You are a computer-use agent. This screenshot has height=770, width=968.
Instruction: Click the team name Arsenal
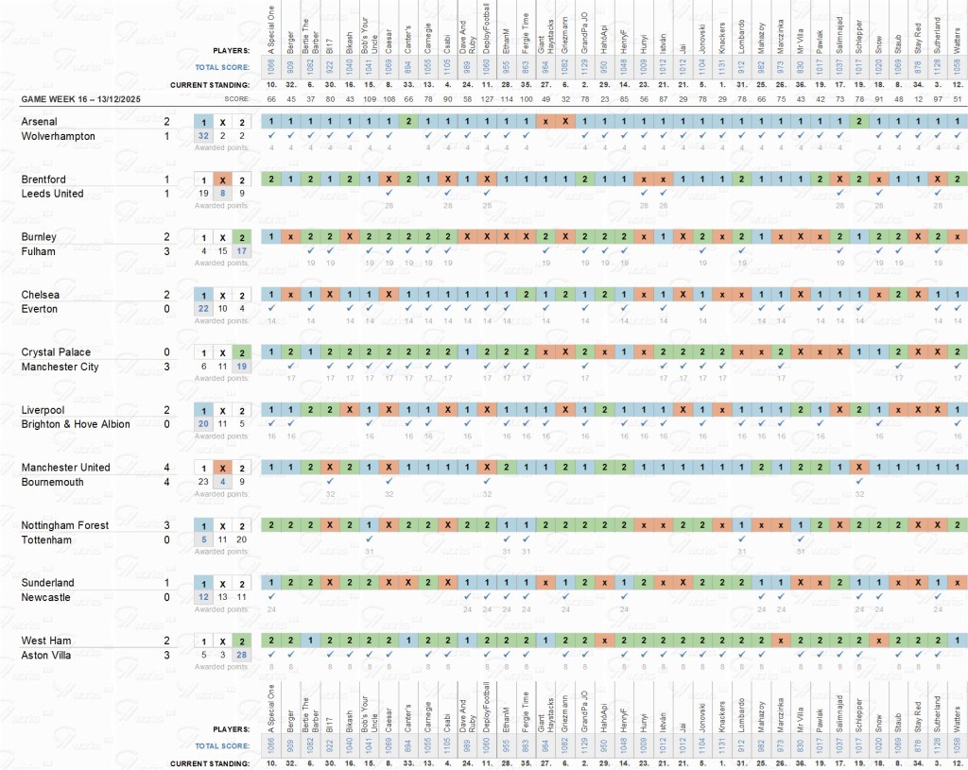coord(39,122)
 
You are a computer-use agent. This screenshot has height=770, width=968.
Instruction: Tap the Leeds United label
coord(52,194)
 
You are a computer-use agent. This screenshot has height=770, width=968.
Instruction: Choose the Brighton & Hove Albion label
coord(76,424)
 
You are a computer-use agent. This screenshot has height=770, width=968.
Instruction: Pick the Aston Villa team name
coord(46,655)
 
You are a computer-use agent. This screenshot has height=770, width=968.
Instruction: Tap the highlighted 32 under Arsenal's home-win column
coord(203,136)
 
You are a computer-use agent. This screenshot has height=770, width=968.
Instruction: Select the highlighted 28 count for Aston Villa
coord(242,655)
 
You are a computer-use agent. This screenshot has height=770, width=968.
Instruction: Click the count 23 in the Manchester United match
coord(203,482)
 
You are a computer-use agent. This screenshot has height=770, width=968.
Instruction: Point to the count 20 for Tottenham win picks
coord(242,539)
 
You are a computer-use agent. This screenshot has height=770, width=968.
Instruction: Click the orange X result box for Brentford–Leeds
coord(223,180)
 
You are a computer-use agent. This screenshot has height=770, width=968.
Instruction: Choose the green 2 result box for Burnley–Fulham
coord(242,237)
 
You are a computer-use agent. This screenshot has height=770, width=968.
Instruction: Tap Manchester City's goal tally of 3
coord(167,367)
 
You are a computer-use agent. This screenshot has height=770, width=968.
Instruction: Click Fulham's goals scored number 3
coord(167,251)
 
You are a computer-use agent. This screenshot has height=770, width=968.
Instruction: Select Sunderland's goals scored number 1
coord(167,583)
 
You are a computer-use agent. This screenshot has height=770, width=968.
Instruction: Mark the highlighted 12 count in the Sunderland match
coord(203,597)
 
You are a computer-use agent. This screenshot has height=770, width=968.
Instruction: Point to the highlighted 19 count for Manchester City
coord(242,367)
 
